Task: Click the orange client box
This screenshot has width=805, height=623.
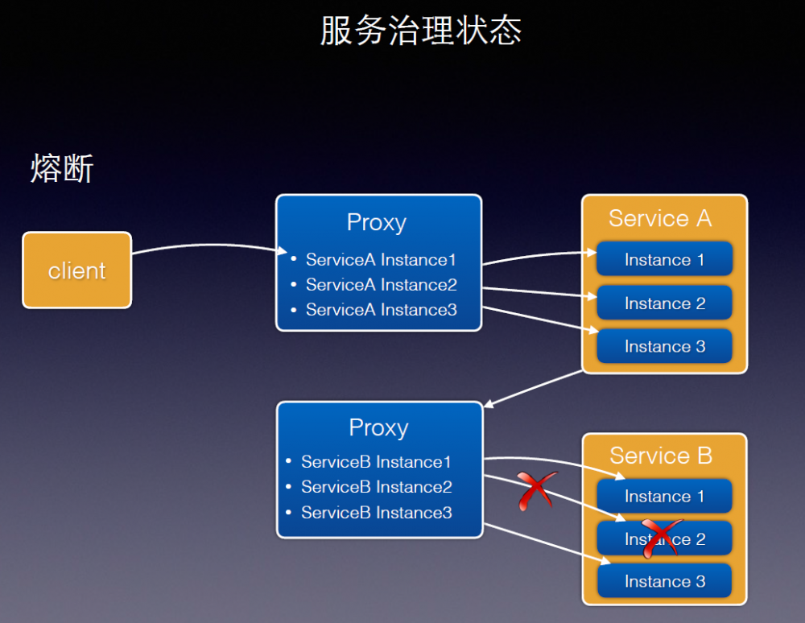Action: pyautogui.click(x=76, y=270)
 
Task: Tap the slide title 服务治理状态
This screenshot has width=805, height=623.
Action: pyautogui.click(x=420, y=31)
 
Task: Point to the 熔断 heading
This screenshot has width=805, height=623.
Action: pyautogui.click(x=62, y=169)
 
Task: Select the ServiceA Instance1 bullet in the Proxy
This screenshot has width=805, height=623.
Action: pyautogui.click(x=381, y=260)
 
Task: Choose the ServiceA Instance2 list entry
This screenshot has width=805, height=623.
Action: pyautogui.click(x=381, y=285)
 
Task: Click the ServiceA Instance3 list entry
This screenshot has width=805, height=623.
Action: pyautogui.click(x=381, y=310)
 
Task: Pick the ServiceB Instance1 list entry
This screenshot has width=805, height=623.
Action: pyautogui.click(x=376, y=462)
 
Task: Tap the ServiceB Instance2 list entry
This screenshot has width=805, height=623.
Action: pyautogui.click(x=376, y=487)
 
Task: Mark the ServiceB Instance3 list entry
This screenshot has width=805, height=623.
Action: pyautogui.click(x=376, y=513)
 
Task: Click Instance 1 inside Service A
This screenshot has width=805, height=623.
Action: pyautogui.click(x=664, y=260)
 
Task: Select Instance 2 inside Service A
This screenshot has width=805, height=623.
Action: pyautogui.click(x=664, y=303)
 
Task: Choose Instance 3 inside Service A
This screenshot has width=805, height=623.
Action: pyautogui.click(x=664, y=347)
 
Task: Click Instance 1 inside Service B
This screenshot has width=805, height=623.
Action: pyautogui.click(x=664, y=497)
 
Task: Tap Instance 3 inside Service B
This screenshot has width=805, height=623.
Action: pyautogui.click(x=664, y=582)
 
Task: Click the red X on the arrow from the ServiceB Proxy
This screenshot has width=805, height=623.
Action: pyautogui.click(x=536, y=489)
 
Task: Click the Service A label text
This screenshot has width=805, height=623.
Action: pyautogui.click(x=660, y=219)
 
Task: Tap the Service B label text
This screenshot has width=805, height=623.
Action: pyautogui.click(x=661, y=456)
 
